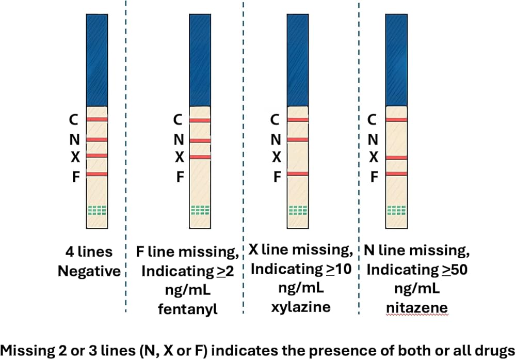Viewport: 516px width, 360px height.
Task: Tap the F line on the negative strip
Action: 96,174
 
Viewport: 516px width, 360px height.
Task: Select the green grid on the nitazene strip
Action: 396,210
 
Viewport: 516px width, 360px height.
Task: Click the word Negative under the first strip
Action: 89,271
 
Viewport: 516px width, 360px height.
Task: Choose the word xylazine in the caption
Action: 301,306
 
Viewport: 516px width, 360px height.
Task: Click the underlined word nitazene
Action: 417,308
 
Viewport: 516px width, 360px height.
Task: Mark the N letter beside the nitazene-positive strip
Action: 371,139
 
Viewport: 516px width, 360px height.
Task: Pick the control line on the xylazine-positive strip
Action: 297,120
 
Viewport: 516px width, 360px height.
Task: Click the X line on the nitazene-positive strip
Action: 396,158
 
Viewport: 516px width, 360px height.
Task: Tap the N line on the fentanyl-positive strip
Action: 200,140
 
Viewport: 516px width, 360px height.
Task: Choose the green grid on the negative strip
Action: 96,210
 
